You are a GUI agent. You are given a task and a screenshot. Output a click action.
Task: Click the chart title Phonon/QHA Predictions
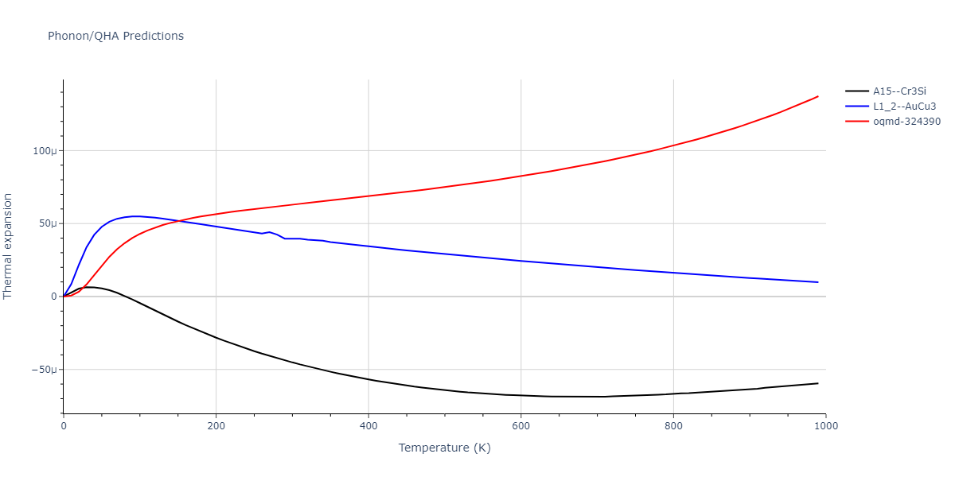tap(115, 36)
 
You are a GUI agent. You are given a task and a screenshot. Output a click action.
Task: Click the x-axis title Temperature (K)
tap(445, 448)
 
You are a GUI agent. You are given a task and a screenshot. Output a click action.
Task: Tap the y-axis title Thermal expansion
tap(9, 246)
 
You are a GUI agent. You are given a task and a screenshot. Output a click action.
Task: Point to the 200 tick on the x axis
tap(216, 426)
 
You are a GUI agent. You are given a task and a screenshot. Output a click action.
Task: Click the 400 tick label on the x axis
tap(368, 426)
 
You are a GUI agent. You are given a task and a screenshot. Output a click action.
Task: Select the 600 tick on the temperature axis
tap(520, 426)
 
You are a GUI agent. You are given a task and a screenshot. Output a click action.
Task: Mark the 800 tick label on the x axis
tap(673, 426)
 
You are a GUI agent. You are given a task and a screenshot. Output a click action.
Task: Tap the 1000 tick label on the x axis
tap(825, 426)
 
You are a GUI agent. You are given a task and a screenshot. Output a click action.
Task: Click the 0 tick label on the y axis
tap(54, 297)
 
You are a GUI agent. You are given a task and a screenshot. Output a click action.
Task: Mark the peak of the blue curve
tap(136, 216)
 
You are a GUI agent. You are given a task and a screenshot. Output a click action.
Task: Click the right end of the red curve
tap(818, 96)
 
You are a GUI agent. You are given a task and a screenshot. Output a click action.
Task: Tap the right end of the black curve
tap(818, 383)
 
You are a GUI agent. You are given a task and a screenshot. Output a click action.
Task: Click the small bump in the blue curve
tap(269, 232)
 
